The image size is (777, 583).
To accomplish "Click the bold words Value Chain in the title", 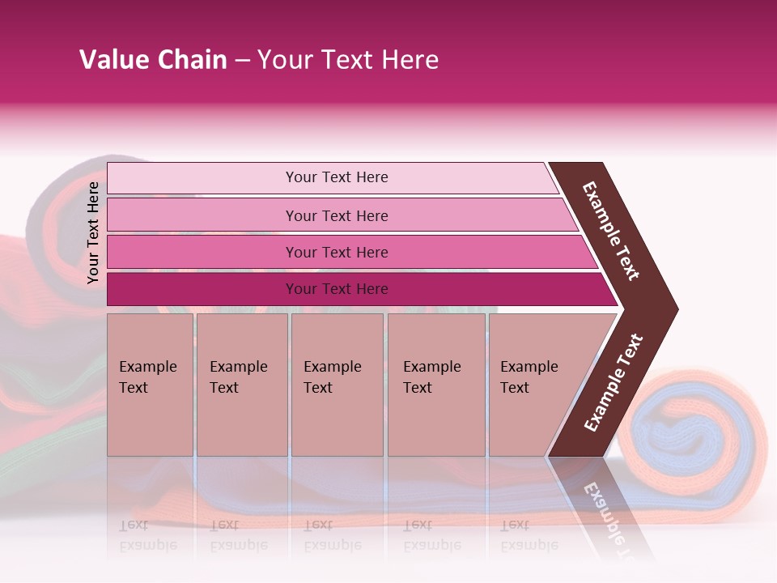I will [x=153, y=60].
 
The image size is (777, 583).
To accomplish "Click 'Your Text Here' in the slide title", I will [x=348, y=60].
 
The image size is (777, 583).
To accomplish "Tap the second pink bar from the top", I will [x=337, y=215].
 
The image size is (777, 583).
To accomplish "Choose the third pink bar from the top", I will [x=337, y=252].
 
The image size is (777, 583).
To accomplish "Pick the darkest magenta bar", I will [x=337, y=289].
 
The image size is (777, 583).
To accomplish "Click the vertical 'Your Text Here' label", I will [x=94, y=232].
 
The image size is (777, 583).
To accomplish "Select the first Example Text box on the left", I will [x=150, y=384].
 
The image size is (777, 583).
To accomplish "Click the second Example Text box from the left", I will [x=241, y=384].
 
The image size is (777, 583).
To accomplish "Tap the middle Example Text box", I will [x=337, y=384].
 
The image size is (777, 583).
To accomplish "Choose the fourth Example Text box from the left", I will [x=435, y=384].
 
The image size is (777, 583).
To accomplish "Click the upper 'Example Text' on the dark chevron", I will [x=611, y=231].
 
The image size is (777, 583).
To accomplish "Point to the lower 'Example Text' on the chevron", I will [x=614, y=382].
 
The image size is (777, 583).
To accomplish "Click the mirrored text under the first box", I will [x=148, y=535].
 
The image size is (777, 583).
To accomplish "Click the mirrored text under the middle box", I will [x=333, y=535].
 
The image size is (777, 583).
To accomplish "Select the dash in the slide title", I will [x=242, y=61].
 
